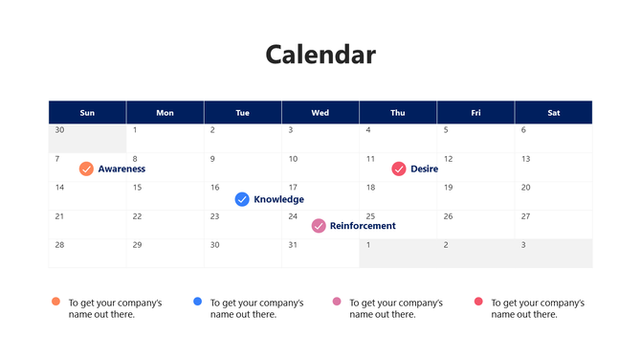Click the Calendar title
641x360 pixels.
pos(320,55)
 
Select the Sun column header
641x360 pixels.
pos(87,113)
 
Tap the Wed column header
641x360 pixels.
pos(320,113)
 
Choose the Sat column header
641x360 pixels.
pos(553,113)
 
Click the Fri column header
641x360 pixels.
pos(475,113)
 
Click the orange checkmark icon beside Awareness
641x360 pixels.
pos(86,169)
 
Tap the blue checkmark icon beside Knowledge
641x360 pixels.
pos(242,199)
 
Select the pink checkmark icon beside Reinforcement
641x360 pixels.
pos(319,226)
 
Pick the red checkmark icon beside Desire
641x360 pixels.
pos(399,169)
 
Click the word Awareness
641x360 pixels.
pos(122,169)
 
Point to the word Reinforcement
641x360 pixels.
pos(363,226)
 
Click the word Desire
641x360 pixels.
pos(424,169)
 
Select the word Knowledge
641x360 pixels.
pos(278,199)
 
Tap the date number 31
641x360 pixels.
pos(293,245)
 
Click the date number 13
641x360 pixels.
pos(525,159)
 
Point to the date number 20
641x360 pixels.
pos(525,188)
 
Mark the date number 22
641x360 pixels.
pos(137,216)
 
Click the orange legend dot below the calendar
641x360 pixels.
pos(55,302)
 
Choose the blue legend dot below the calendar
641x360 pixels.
pos(197,302)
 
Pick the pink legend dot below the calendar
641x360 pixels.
pos(337,302)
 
